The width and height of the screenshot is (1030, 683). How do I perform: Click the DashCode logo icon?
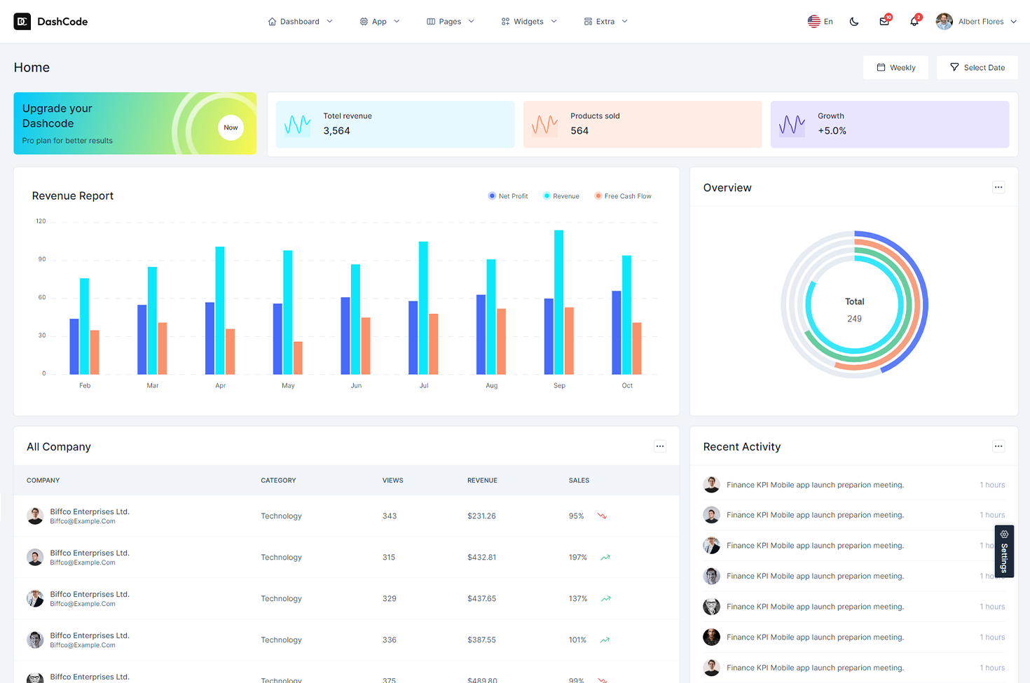pyautogui.click(x=22, y=22)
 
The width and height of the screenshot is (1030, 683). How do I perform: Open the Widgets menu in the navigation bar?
pyautogui.click(x=529, y=22)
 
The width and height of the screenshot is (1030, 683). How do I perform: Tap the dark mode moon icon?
pyautogui.click(x=854, y=22)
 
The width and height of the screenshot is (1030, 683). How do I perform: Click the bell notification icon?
pyautogui.click(x=914, y=22)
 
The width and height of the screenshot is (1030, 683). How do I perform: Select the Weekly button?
pyautogui.click(x=895, y=68)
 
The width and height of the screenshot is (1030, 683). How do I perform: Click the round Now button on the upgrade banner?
pyautogui.click(x=231, y=127)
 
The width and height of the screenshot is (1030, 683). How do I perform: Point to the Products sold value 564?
pyautogui.click(x=579, y=131)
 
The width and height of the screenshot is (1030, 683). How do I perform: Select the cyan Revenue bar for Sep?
pyautogui.click(x=558, y=301)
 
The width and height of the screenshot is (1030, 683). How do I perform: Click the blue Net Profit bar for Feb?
pyautogui.click(x=74, y=346)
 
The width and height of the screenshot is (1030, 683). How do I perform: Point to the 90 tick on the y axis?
pyautogui.click(x=42, y=259)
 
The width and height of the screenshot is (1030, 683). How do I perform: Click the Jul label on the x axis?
pyautogui.click(x=424, y=386)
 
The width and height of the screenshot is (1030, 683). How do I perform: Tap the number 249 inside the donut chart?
pyautogui.click(x=854, y=319)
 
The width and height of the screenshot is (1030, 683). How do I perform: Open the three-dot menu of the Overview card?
pyautogui.click(x=998, y=187)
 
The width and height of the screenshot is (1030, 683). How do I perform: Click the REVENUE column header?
pyautogui.click(x=482, y=481)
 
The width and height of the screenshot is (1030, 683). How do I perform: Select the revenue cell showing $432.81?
pyautogui.click(x=481, y=558)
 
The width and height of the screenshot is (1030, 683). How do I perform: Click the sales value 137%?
pyautogui.click(x=578, y=599)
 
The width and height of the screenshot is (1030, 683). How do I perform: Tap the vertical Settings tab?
pyautogui.click(x=1004, y=551)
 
